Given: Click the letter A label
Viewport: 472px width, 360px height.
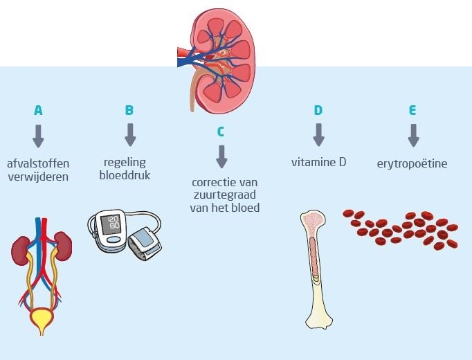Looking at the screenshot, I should (38, 110).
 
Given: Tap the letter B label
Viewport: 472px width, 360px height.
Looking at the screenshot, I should (129, 110).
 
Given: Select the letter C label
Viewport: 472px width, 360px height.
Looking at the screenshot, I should (221, 131).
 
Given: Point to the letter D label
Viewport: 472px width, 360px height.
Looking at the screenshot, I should (318, 110).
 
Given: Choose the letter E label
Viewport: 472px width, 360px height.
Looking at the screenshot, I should (412, 110).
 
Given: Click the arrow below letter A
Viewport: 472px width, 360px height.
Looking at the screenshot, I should (38, 135).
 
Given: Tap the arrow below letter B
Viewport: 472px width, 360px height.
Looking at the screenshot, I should (129, 135).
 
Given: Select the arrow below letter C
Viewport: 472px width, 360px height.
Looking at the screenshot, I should (221, 156).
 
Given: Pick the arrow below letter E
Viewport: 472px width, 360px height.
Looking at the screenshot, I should (413, 135).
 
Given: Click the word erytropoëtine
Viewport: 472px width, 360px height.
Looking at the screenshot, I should (412, 164).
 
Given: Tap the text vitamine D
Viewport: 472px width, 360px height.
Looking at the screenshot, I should (318, 163).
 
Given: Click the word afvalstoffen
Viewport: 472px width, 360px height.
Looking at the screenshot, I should (38, 163).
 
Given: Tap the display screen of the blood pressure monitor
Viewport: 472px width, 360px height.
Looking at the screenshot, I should (110, 225).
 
